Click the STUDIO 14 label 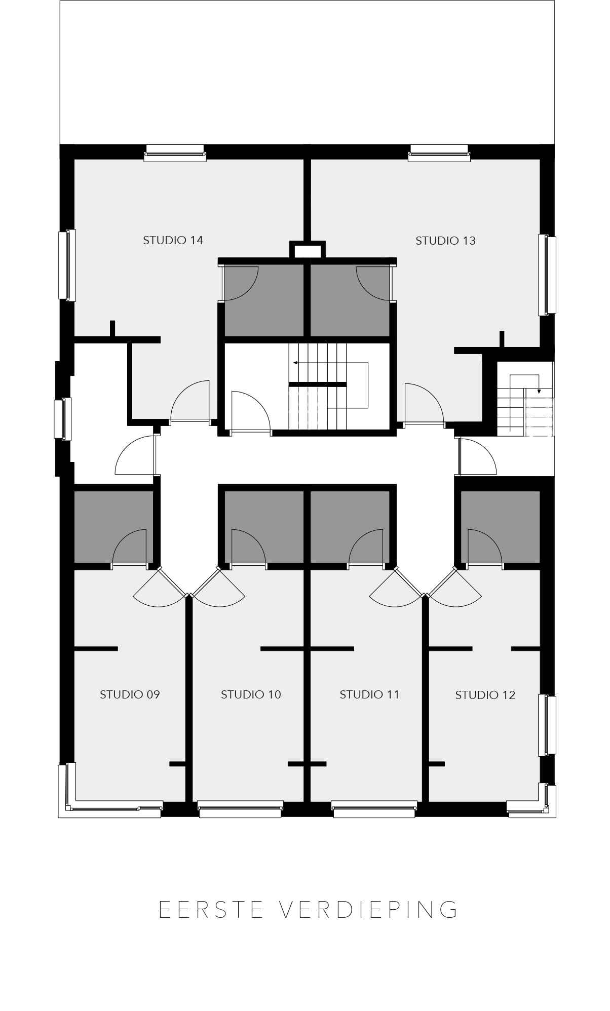pyautogui.click(x=173, y=240)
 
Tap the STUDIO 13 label pyautogui.click(x=445, y=241)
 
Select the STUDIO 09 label pyautogui.click(x=130, y=694)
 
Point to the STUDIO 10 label pyautogui.click(x=251, y=694)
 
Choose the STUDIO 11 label pyautogui.click(x=369, y=694)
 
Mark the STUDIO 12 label pyautogui.click(x=485, y=695)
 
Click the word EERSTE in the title pyautogui.click(x=211, y=909)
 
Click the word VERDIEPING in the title pyautogui.click(x=368, y=909)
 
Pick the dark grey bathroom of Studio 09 pyautogui.click(x=113, y=527)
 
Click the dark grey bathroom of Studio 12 pyautogui.click(x=500, y=527)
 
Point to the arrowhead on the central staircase pyautogui.click(x=295, y=363)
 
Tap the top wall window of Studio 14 pyautogui.click(x=175, y=152)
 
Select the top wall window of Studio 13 pyautogui.click(x=439, y=152)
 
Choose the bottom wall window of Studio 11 pyautogui.click(x=374, y=808)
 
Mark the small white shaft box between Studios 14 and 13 pyautogui.click(x=308, y=250)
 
